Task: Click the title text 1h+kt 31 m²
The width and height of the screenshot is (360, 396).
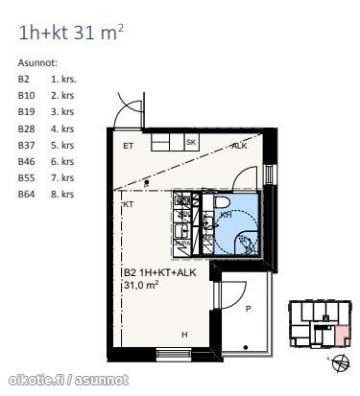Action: click(71, 32)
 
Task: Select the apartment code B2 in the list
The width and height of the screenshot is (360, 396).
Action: click(23, 79)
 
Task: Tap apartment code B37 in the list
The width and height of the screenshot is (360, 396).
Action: click(26, 145)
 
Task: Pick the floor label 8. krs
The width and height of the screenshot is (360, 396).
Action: click(62, 194)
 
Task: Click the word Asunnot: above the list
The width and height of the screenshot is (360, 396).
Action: click(37, 62)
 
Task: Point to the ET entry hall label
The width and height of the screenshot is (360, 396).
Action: click(128, 146)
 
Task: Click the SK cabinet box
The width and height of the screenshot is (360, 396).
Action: click(191, 142)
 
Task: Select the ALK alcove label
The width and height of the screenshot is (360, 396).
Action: click(239, 146)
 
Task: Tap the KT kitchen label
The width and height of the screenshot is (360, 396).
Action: click(128, 204)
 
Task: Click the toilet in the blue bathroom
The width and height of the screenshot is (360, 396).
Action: click(221, 202)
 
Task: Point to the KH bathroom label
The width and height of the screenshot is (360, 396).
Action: click(227, 215)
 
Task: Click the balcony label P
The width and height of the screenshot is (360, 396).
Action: click(248, 309)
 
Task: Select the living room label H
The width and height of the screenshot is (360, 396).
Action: click(184, 335)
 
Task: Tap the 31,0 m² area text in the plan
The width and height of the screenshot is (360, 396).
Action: click(141, 285)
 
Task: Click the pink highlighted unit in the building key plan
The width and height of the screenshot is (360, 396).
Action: click(342, 336)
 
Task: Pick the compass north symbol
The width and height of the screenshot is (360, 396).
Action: click(341, 363)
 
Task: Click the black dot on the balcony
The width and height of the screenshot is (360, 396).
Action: click(246, 347)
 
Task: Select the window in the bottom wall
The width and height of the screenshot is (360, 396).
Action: click(174, 354)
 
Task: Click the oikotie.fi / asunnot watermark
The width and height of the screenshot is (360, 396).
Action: click(68, 380)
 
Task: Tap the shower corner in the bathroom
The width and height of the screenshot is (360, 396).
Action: click(246, 243)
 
